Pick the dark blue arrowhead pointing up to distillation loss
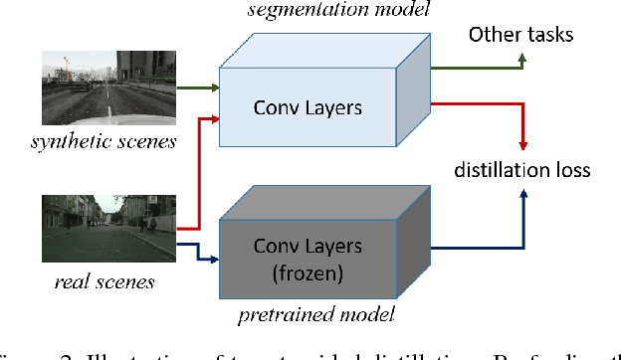[522, 196]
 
